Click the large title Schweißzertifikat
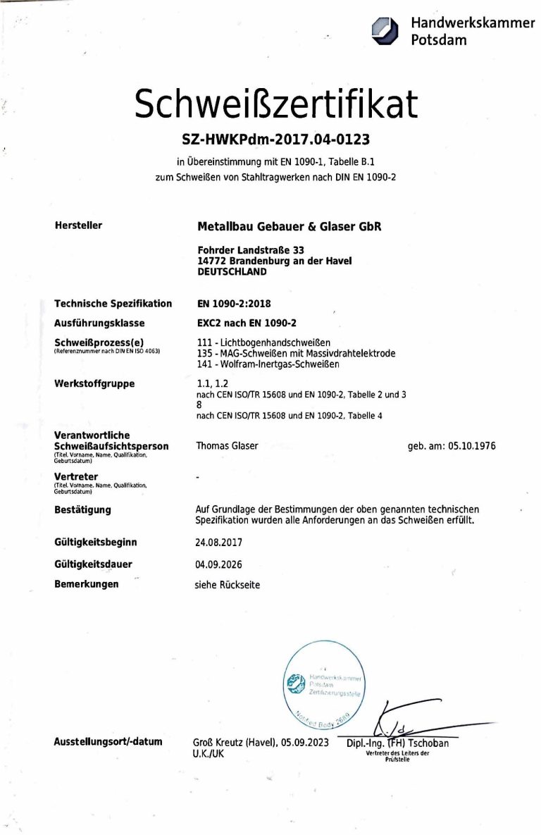pyautogui.click(x=275, y=104)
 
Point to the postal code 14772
pyautogui.click(x=212, y=261)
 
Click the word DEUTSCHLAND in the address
pyautogui.click(x=232, y=271)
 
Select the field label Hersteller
pyautogui.click(x=78, y=225)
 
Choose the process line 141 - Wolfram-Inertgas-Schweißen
pyautogui.click(x=268, y=364)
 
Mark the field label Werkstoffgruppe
pyautogui.click(x=94, y=384)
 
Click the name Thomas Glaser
pyautogui.click(x=227, y=445)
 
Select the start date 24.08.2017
pyautogui.click(x=218, y=543)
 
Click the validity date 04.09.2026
pyautogui.click(x=218, y=564)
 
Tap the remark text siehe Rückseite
pyautogui.click(x=227, y=585)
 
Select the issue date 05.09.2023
pyautogui.click(x=304, y=742)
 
